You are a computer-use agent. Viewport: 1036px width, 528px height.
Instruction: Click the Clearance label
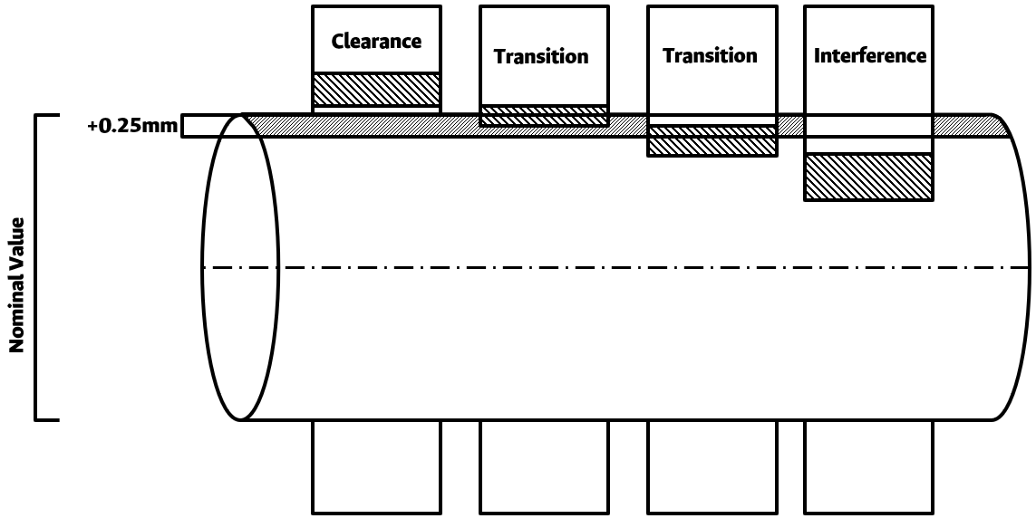376,42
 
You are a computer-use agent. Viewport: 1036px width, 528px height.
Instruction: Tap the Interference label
870,56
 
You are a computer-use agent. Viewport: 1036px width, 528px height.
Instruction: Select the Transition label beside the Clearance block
541,57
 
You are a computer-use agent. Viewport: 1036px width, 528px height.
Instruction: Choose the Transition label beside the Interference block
710,56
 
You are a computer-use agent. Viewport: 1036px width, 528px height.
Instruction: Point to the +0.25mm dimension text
132,126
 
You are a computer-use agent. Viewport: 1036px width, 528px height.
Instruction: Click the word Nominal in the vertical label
16,309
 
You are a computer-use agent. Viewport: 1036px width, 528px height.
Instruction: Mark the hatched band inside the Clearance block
376,90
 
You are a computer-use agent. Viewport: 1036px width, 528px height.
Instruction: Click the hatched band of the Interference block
868,177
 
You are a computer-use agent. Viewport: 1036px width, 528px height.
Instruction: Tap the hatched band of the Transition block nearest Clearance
544,115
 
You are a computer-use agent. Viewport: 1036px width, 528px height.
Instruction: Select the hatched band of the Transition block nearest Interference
712,141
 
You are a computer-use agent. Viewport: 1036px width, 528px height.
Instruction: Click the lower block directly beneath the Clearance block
376,466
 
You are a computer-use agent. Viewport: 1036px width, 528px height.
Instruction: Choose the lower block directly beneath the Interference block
868,466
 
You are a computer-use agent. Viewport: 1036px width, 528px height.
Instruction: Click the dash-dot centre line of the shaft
634,267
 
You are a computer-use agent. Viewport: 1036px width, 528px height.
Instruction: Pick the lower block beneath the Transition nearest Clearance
544,466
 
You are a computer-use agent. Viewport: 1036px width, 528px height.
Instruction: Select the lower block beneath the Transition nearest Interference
712,466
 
